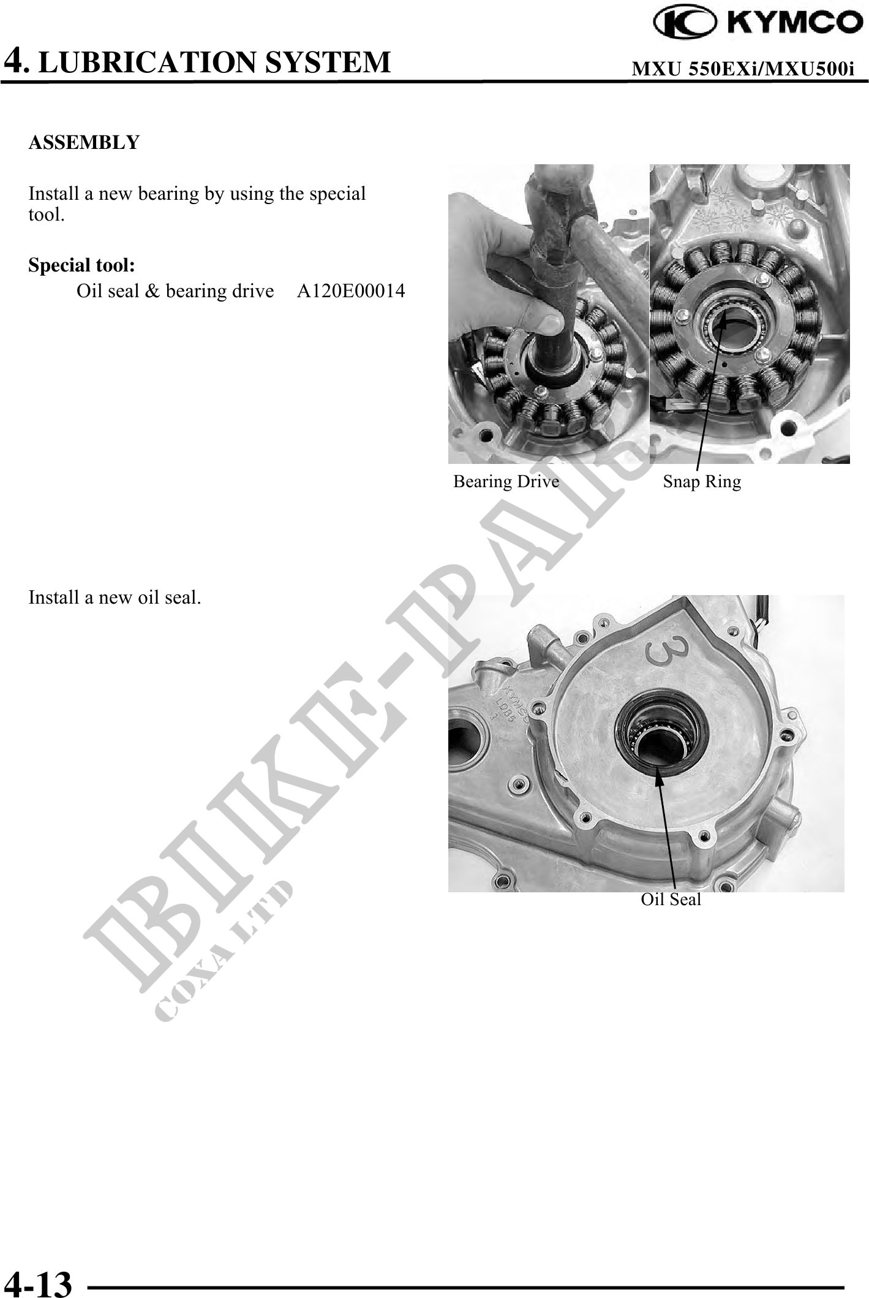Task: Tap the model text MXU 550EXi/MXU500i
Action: [743, 69]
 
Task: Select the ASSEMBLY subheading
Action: [85, 142]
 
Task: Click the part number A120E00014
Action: [351, 290]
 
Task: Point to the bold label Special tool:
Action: [82, 265]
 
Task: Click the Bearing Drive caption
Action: [506, 482]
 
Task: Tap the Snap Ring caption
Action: [702, 482]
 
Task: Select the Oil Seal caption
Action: [671, 900]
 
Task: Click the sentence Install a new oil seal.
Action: [115, 598]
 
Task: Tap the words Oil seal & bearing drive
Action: [175, 290]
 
